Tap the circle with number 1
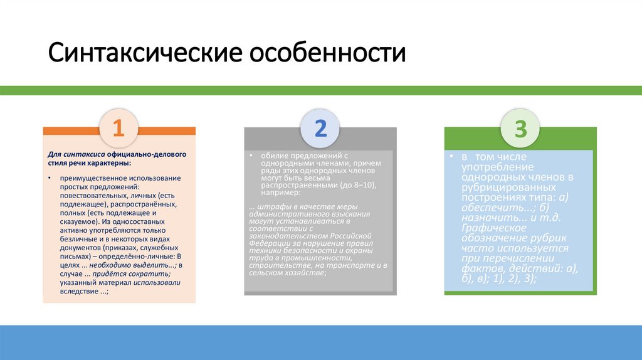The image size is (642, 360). [x=119, y=128]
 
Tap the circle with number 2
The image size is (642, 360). [x=320, y=128]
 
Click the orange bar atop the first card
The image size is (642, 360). [x=69, y=130]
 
